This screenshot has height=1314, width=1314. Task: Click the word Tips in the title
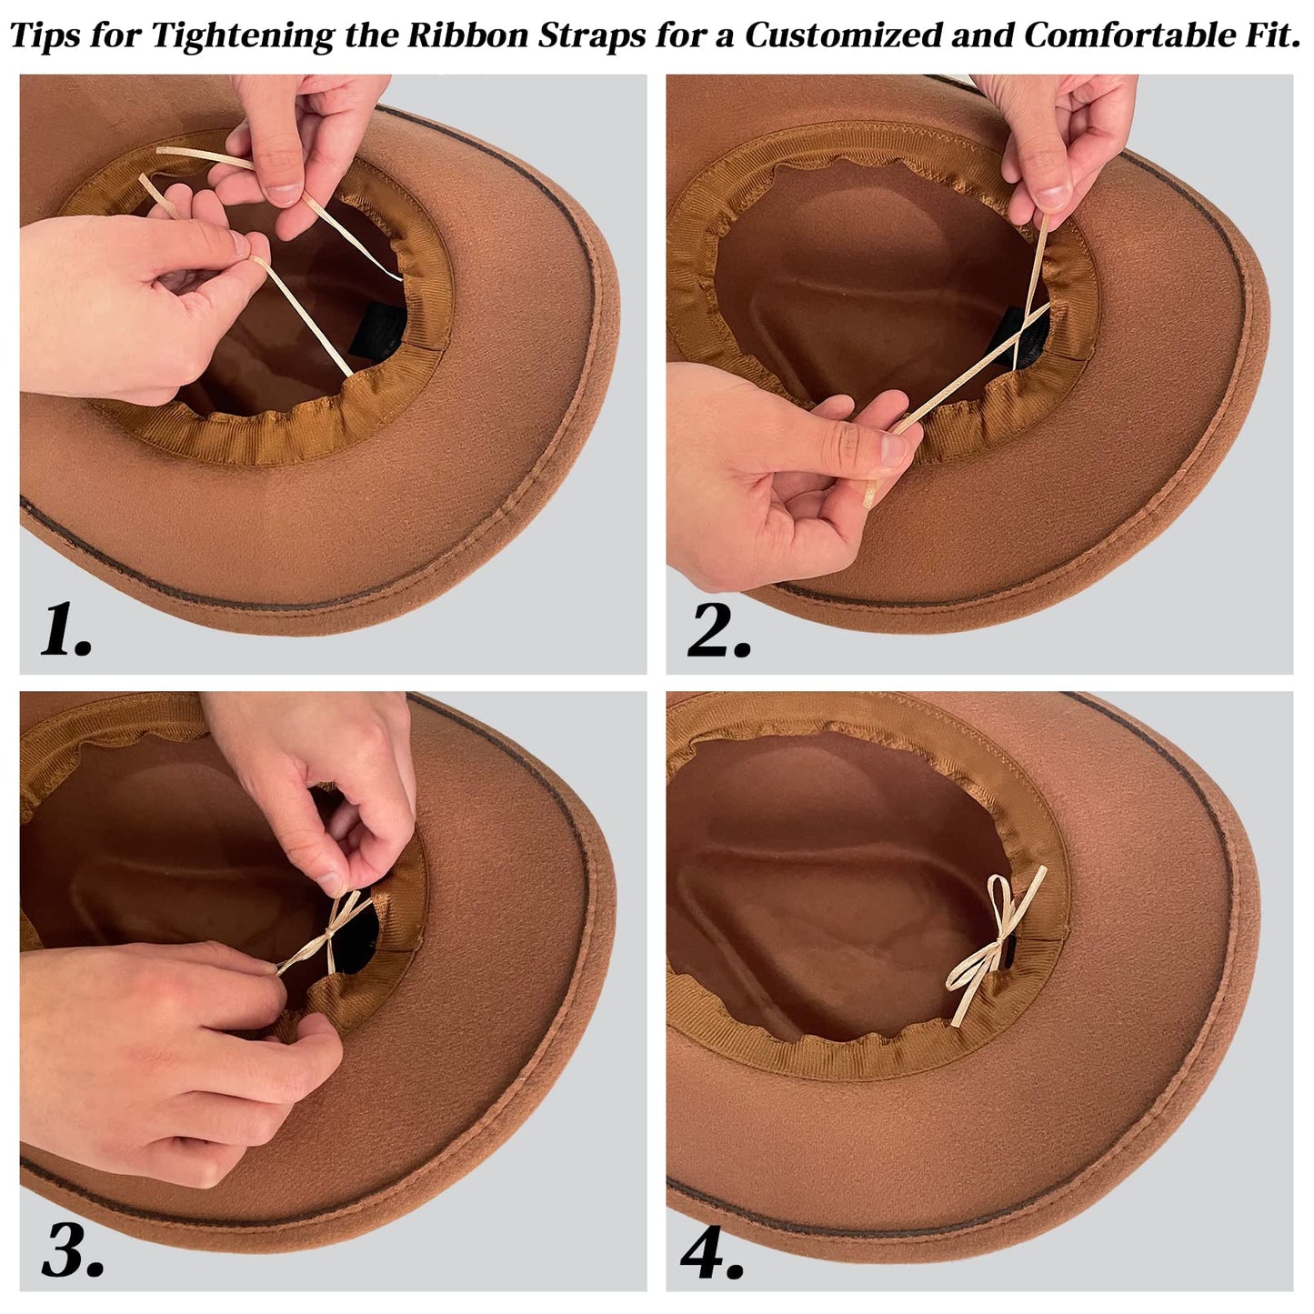tap(44, 35)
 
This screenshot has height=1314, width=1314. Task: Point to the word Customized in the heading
tap(843, 35)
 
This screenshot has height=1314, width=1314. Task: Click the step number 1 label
tap(65, 631)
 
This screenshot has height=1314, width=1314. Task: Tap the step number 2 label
tap(718, 631)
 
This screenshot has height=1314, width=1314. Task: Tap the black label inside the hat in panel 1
tap(379, 331)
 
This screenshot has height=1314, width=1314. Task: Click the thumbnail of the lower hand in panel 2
tap(893, 448)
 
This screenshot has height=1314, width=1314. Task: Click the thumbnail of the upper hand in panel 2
tap(1054, 197)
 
